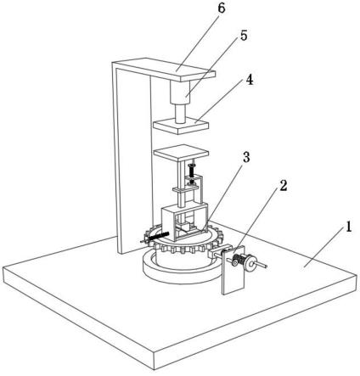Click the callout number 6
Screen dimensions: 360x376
coord(222,8)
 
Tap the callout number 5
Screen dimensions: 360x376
coord(244,36)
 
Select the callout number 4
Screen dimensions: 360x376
coord(249,80)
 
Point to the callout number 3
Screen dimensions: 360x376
coord(246,157)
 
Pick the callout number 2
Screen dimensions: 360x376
coord(284,186)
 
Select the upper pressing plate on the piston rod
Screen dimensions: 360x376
coord(181,126)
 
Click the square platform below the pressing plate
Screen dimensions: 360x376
coord(181,154)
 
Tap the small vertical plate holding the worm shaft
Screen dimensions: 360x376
coord(233,271)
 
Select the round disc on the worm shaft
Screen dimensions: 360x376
coord(250,263)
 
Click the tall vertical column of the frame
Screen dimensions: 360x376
coord(132,159)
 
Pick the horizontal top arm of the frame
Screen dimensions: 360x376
coord(164,70)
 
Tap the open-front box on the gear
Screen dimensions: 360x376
coord(185,223)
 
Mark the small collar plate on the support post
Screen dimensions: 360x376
coord(186,189)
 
